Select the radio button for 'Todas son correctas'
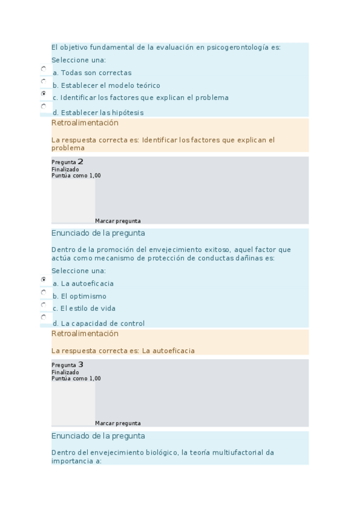(43, 69)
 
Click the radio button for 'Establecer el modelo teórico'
(43, 81)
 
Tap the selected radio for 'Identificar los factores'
(43, 94)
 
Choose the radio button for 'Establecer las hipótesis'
(43, 106)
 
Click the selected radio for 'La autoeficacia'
(43, 280)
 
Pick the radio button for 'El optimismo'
(43, 292)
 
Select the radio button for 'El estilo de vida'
(43, 304)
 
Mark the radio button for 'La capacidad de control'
(43, 317)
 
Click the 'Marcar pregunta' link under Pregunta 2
(118, 221)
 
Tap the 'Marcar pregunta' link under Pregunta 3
(118, 423)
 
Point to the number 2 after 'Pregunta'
(81, 161)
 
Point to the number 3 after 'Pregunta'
(81, 364)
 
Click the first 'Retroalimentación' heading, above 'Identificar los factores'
(85, 123)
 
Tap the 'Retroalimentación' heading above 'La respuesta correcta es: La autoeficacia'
(85, 334)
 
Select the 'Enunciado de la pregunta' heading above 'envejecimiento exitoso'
(98, 233)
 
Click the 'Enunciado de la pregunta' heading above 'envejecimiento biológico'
(98, 436)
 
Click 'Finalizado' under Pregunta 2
(65, 170)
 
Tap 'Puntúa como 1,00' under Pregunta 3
(76, 378)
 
